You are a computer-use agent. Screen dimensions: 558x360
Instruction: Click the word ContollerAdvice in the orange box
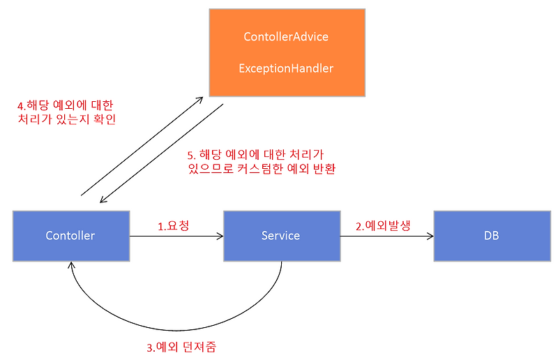286,37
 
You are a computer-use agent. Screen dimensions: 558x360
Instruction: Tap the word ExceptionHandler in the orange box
286,68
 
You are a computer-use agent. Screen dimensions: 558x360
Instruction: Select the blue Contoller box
71,236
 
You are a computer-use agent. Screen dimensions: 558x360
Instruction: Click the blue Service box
282,236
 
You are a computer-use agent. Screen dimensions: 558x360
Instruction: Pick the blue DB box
492,236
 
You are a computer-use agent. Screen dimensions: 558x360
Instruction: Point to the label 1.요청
173,226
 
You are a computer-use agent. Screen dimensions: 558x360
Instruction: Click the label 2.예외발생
383,226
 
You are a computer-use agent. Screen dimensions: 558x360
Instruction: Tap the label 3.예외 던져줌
181,347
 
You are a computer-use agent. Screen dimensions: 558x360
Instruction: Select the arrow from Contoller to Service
176,236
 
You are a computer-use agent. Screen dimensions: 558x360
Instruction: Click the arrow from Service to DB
387,236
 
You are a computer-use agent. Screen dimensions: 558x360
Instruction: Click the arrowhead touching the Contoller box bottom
72,264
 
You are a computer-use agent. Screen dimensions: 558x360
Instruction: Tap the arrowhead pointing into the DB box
430,236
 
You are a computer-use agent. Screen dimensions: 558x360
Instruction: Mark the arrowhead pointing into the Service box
220,236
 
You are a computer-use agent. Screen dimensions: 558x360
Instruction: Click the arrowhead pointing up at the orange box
199,100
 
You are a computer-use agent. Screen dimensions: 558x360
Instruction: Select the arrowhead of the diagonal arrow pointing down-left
103,200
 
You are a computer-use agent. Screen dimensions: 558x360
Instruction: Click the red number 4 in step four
20,106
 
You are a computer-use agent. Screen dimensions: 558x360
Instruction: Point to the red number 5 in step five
190,156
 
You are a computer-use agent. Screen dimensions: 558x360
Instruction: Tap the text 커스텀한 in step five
259,168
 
